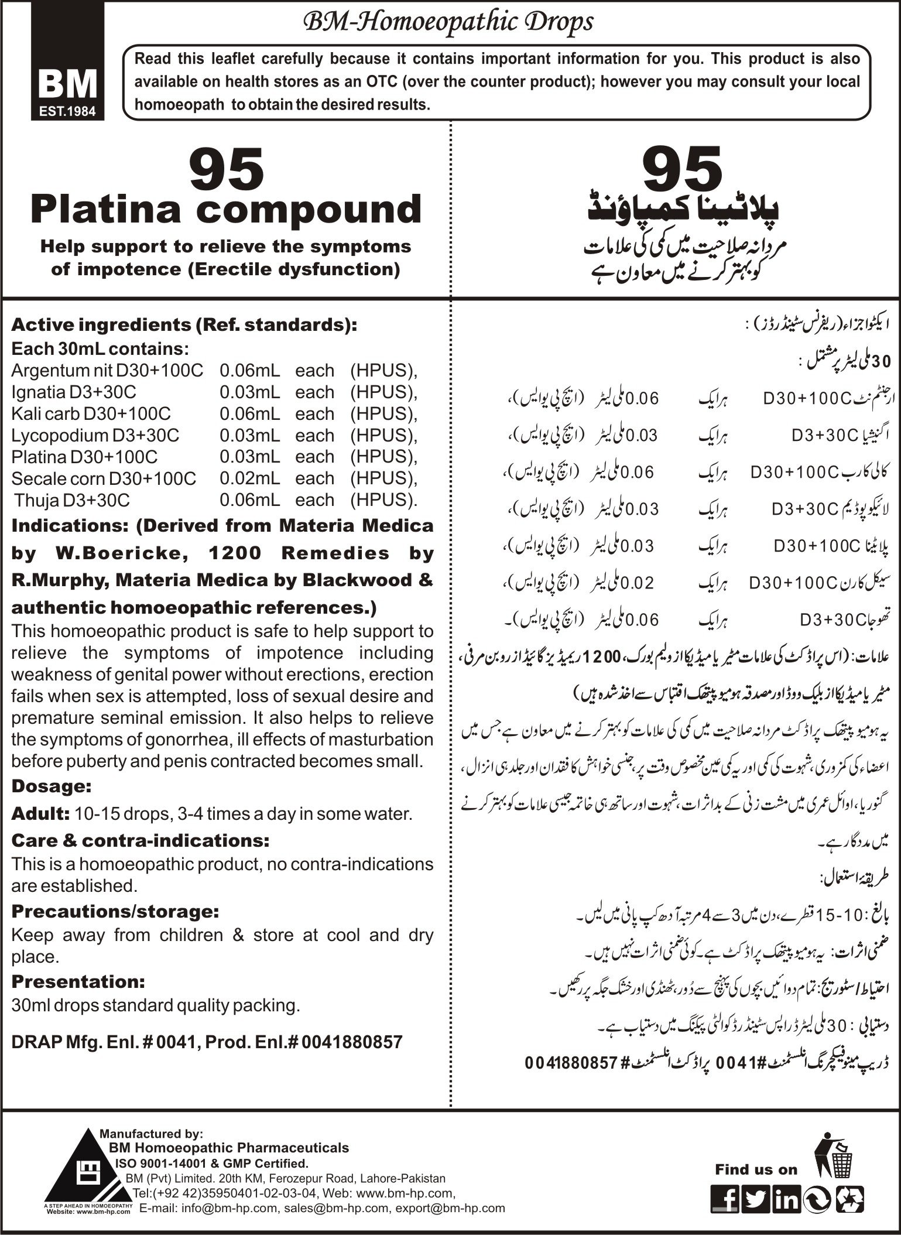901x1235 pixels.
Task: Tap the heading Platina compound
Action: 226,210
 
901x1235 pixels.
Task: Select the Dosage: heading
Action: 52,786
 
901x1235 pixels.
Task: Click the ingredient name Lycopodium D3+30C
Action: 95,435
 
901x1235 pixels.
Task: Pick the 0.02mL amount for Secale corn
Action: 249,478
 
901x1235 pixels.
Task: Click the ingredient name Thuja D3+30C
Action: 72,500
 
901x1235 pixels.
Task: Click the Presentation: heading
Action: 78,981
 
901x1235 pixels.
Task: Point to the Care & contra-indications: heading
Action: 141,841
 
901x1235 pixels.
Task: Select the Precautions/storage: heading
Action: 115,912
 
